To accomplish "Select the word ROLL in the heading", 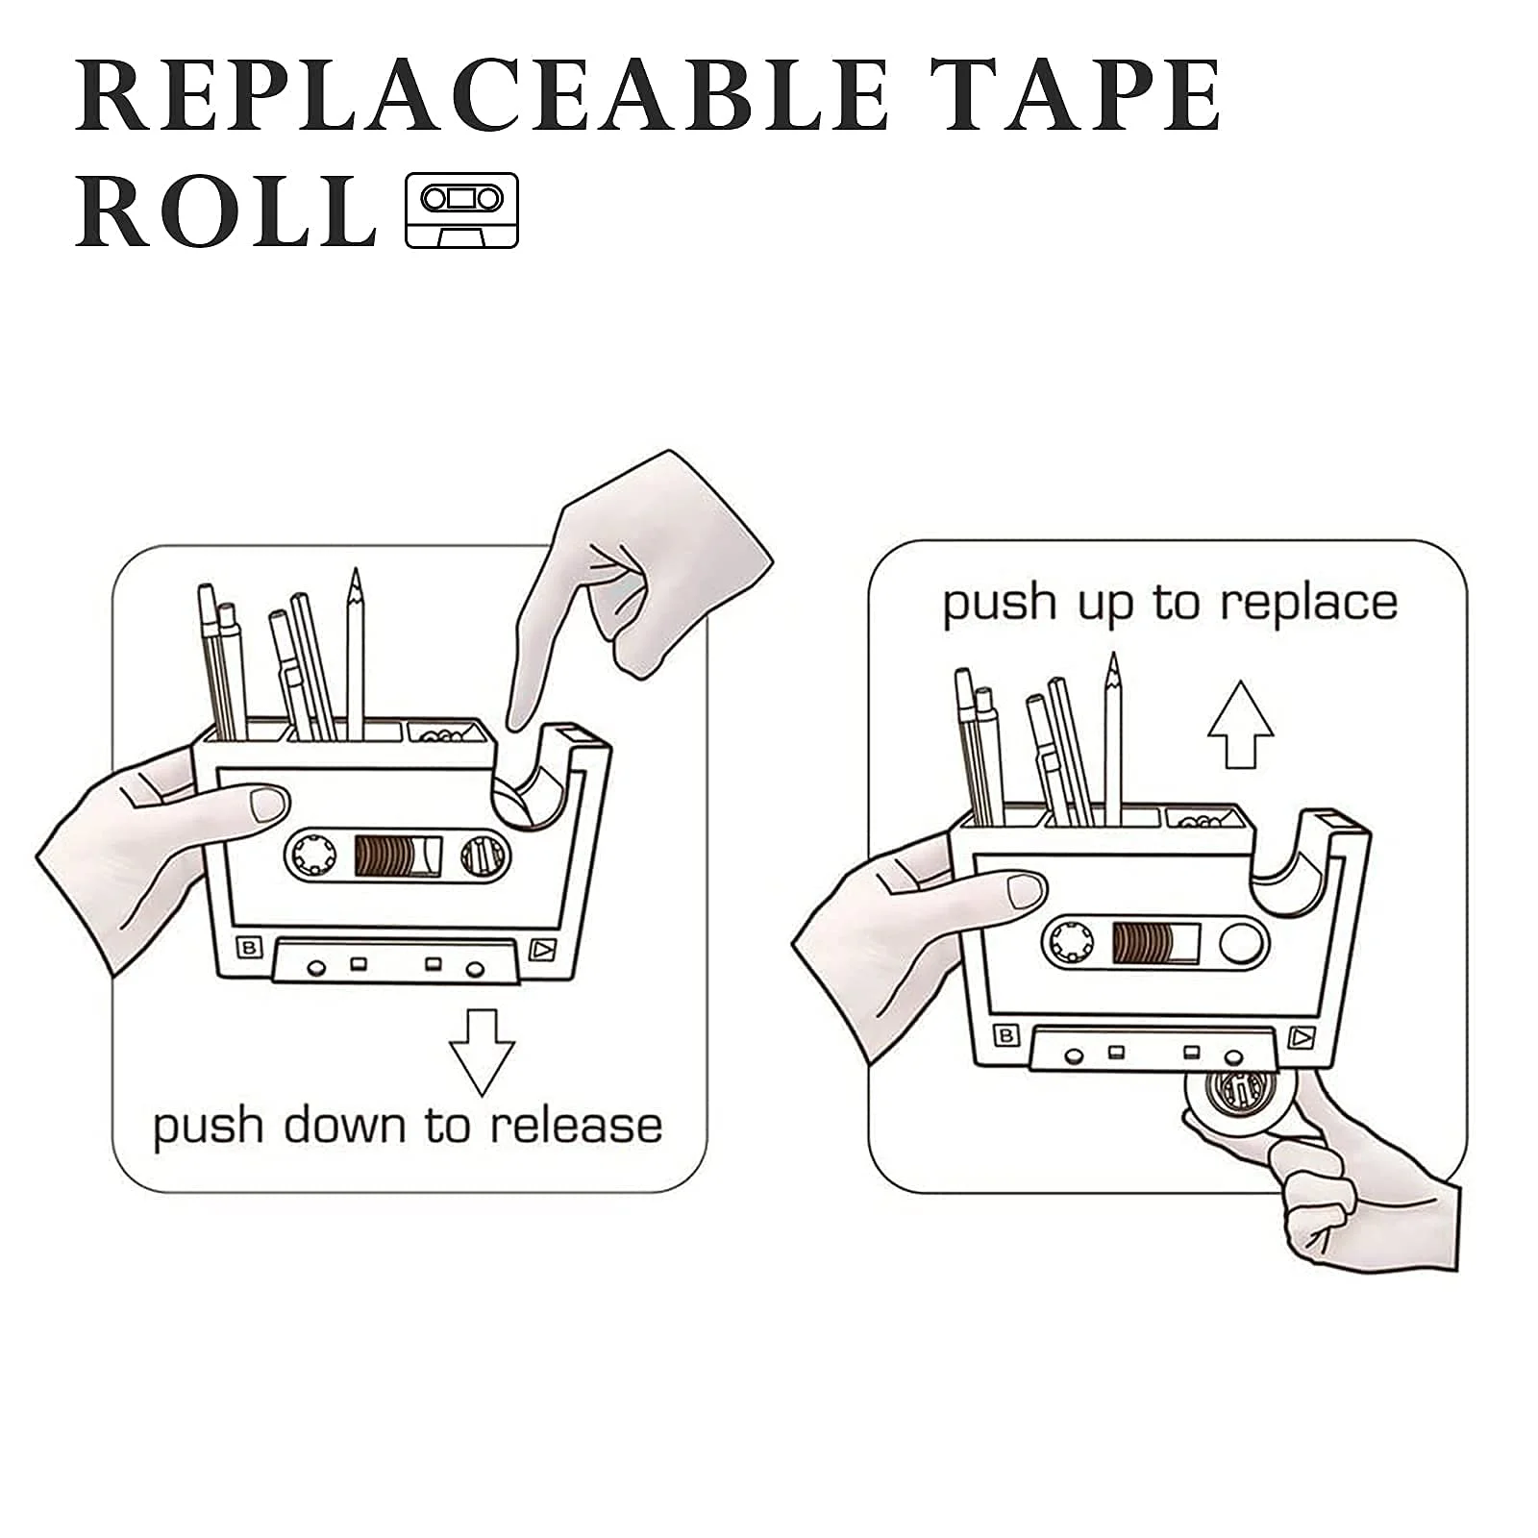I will click(x=225, y=211).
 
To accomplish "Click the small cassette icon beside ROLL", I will click(x=461, y=211).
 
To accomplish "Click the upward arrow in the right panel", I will click(x=1240, y=724).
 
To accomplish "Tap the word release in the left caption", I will click(x=576, y=1126).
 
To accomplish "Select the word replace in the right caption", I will click(x=1308, y=604).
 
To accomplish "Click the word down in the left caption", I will click(x=351, y=1126).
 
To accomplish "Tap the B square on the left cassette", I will click(x=249, y=948).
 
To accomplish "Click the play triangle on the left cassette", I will click(x=542, y=950).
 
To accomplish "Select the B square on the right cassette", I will click(x=1006, y=1035).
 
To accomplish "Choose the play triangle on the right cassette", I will click(x=1301, y=1037).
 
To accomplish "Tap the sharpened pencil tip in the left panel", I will click(x=355, y=579).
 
